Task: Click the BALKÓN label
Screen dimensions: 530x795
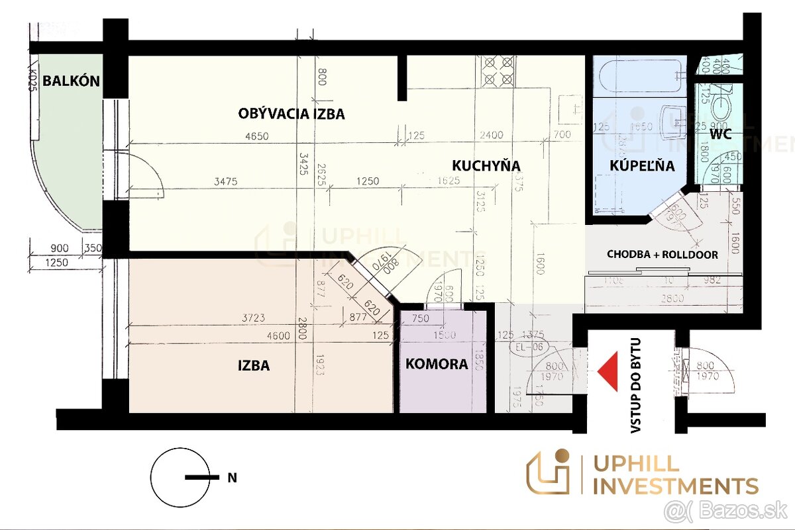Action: [71, 81]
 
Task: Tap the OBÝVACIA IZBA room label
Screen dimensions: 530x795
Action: [291, 114]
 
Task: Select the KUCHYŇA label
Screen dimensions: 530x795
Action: [486, 165]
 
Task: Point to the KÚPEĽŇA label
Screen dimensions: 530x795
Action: [642, 165]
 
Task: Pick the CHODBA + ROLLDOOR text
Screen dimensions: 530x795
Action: [662, 254]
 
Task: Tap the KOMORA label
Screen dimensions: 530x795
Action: [437, 364]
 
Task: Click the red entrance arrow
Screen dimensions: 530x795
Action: [609, 367]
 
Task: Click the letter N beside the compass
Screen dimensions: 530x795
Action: [232, 477]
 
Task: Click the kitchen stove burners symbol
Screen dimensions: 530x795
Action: [498, 71]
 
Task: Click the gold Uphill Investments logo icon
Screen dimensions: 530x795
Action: [549, 472]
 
